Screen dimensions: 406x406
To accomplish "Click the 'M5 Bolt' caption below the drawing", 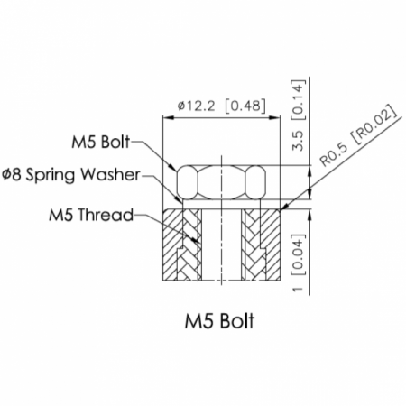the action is [x=219, y=321].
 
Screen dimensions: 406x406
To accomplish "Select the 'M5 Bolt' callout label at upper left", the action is [x=101, y=142].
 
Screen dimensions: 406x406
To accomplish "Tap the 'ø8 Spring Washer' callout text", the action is [x=71, y=175].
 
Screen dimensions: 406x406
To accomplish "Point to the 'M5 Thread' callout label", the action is [x=91, y=215].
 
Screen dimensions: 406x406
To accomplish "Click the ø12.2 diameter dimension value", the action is [x=196, y=106].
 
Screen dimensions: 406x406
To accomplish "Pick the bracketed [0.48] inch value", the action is [x=245, y=106].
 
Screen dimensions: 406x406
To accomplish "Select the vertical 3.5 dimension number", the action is [x=298, y=141].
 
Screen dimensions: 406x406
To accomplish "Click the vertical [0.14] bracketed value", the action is [x=299, y=100].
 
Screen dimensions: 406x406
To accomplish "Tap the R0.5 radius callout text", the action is [x=334, y=154].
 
